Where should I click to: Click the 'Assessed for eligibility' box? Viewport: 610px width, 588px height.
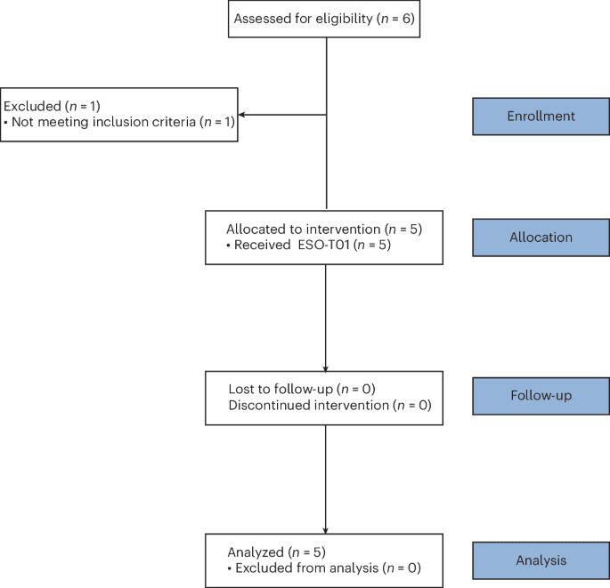323,20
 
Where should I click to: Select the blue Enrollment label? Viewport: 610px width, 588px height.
541,117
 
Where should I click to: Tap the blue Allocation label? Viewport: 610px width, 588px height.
541,238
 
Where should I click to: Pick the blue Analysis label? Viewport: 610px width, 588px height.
541,560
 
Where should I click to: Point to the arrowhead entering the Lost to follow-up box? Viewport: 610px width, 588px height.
326,367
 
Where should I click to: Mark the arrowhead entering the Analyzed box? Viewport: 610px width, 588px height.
326,530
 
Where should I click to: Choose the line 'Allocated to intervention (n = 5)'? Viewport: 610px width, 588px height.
324,229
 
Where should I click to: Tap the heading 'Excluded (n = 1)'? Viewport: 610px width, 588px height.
51,106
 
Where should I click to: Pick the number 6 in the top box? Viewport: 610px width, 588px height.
404,20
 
